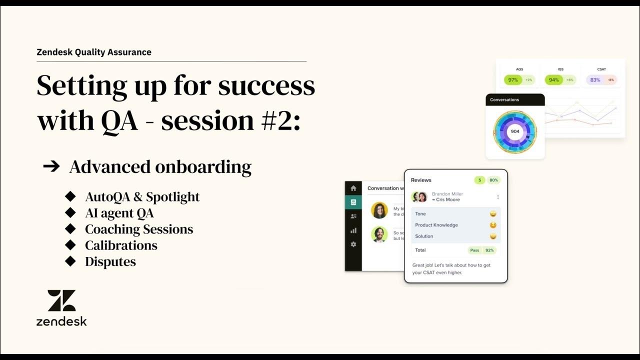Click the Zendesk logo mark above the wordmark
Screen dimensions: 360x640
coord(61,300)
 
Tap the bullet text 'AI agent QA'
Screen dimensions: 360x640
coord(119,213)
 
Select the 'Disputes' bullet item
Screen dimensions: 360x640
coord(110,261)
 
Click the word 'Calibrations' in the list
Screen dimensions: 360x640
coord(121,245)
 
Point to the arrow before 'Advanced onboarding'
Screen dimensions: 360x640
coord(51,166)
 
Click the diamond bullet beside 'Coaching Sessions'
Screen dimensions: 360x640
coord(70,229)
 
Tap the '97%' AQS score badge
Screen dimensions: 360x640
coord(513,80)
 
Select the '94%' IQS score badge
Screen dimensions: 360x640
coord(554,80)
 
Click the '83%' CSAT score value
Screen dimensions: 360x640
coord(595,80)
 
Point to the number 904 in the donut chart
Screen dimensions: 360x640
coord(515,131)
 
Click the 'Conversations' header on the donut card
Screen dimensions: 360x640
coord(504,100)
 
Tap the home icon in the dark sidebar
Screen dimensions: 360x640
coord(353,188)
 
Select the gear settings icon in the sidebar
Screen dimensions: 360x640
coord(353,244)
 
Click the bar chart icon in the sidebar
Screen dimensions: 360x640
coord(353,230)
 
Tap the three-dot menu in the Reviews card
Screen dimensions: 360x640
coord(497,197)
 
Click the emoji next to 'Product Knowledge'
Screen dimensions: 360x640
coord(493,225)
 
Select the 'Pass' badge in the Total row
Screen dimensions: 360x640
coord(474,250)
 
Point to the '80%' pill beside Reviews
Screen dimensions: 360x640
coord(493,180)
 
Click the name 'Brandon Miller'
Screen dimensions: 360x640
coord(447,194)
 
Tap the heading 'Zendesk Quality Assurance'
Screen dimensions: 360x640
coord(94,52)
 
